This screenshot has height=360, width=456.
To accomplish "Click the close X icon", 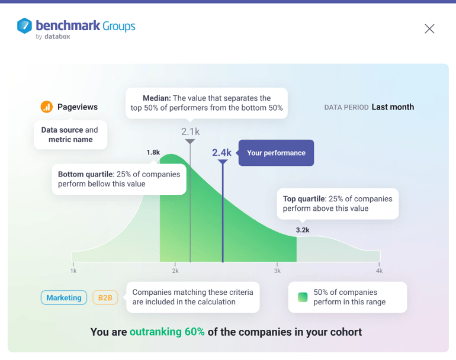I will [x=429, y=28].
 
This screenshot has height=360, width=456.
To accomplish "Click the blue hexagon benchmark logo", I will [x=24, y=25].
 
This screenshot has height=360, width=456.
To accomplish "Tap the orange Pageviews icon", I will [x=47, y=107].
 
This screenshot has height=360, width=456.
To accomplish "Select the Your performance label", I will [x=276, y=153].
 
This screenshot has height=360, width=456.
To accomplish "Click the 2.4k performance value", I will [x=221, y=153].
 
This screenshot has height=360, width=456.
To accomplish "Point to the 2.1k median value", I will [x=191, y=131].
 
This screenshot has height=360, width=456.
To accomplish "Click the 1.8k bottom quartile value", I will [x=153, y=152].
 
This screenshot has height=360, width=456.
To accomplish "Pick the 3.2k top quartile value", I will [x=303, y=230].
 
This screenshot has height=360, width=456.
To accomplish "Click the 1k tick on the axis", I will [x=73, y=271].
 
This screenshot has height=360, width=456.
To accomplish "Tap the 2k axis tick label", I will [x=175, y=271].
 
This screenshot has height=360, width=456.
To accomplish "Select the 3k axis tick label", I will [x=277, y=271].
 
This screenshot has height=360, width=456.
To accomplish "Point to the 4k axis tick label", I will [x=379, y=271].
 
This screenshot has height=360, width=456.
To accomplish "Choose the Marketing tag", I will [x=64, y=298].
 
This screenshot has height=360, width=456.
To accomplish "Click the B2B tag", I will [x=105, y=298].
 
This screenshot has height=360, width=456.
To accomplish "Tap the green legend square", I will [x=303, y=297].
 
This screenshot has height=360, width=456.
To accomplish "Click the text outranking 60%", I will [x=167, y=332].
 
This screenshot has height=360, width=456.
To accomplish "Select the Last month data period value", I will [x=393, y=107].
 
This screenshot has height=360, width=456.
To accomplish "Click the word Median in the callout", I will [x=157, y=98].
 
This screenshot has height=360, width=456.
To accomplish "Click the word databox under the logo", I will [x=57, y=37].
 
